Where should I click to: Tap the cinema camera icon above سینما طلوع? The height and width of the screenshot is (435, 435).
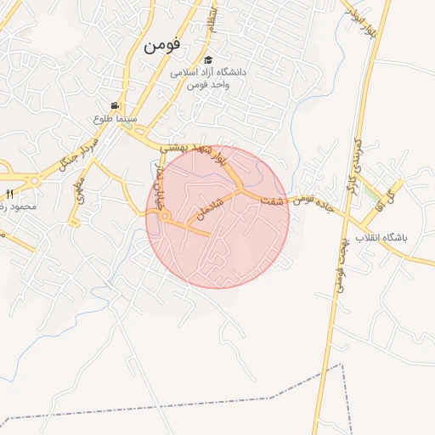(113, 106)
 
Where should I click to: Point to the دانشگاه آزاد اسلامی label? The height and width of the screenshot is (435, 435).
(207, 73)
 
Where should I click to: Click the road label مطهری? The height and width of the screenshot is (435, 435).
(80, 192)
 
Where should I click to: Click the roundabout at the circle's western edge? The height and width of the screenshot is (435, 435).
(164, 216)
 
